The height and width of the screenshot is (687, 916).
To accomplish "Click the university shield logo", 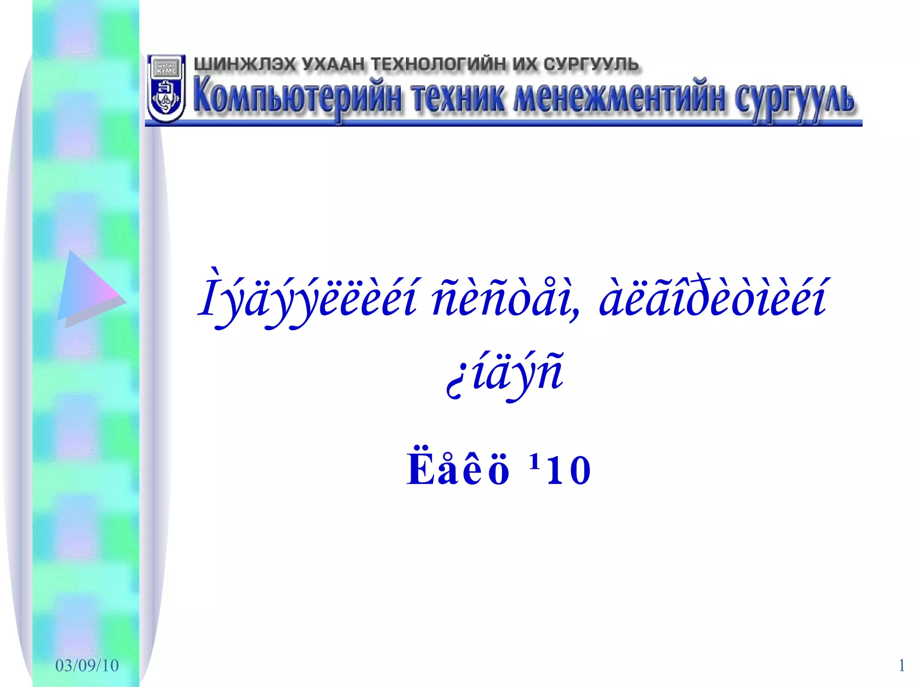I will coord(165,89).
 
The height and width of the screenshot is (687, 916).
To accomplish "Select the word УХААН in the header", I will coord(333,64).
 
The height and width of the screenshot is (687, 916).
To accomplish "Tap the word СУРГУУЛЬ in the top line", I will coord(591,64).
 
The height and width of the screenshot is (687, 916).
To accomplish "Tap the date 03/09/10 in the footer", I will coord(87,666).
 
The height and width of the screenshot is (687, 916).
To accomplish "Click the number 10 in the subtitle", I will coord(569,471).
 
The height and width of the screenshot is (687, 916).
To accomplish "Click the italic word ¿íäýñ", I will coord(505,373).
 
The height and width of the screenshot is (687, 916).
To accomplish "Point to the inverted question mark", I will coord(454,385).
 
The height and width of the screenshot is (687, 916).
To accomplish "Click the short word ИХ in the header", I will coord(525,64).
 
